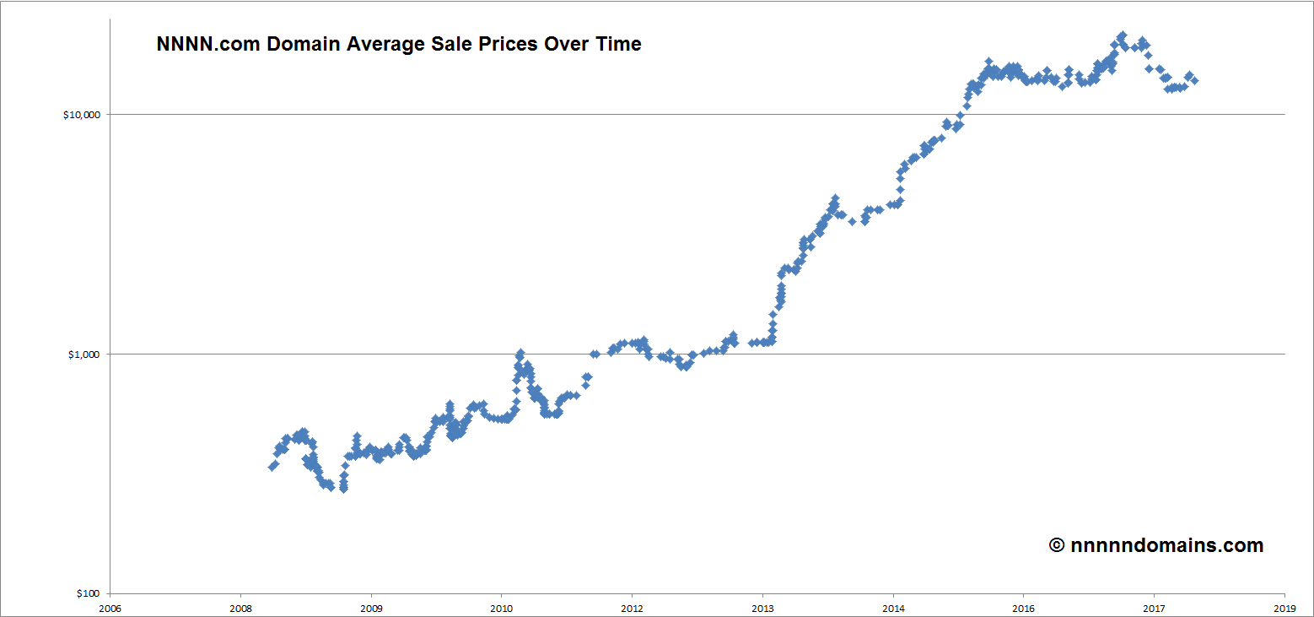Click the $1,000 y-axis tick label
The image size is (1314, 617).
click(x=88, y=354)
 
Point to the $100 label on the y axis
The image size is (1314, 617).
click(x=89, y=593)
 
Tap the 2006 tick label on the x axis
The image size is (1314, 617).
click(x=110, y=607)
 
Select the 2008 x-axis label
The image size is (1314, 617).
click(x=240, y=607)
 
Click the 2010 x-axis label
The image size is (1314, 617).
click(x=501, y=607)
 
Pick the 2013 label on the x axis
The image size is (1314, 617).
click(x=762, y=607)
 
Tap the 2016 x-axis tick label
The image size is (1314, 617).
click(x=1023, y=607)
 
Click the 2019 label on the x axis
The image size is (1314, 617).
click(x=1284, y=607)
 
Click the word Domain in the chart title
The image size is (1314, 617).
click(x=304, y=44)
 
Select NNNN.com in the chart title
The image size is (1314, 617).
click(x=208, y=44)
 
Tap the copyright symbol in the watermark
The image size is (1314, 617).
click(x=1057, y=545)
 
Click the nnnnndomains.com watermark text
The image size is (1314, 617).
click(x=1167, y=545)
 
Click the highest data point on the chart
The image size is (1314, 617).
click(x=1122, y=36)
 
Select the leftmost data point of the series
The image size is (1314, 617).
click(x=272, y=467)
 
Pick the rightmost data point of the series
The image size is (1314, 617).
click(x=1194, y=81)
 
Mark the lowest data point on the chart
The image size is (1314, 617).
click(x=343, y=489)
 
